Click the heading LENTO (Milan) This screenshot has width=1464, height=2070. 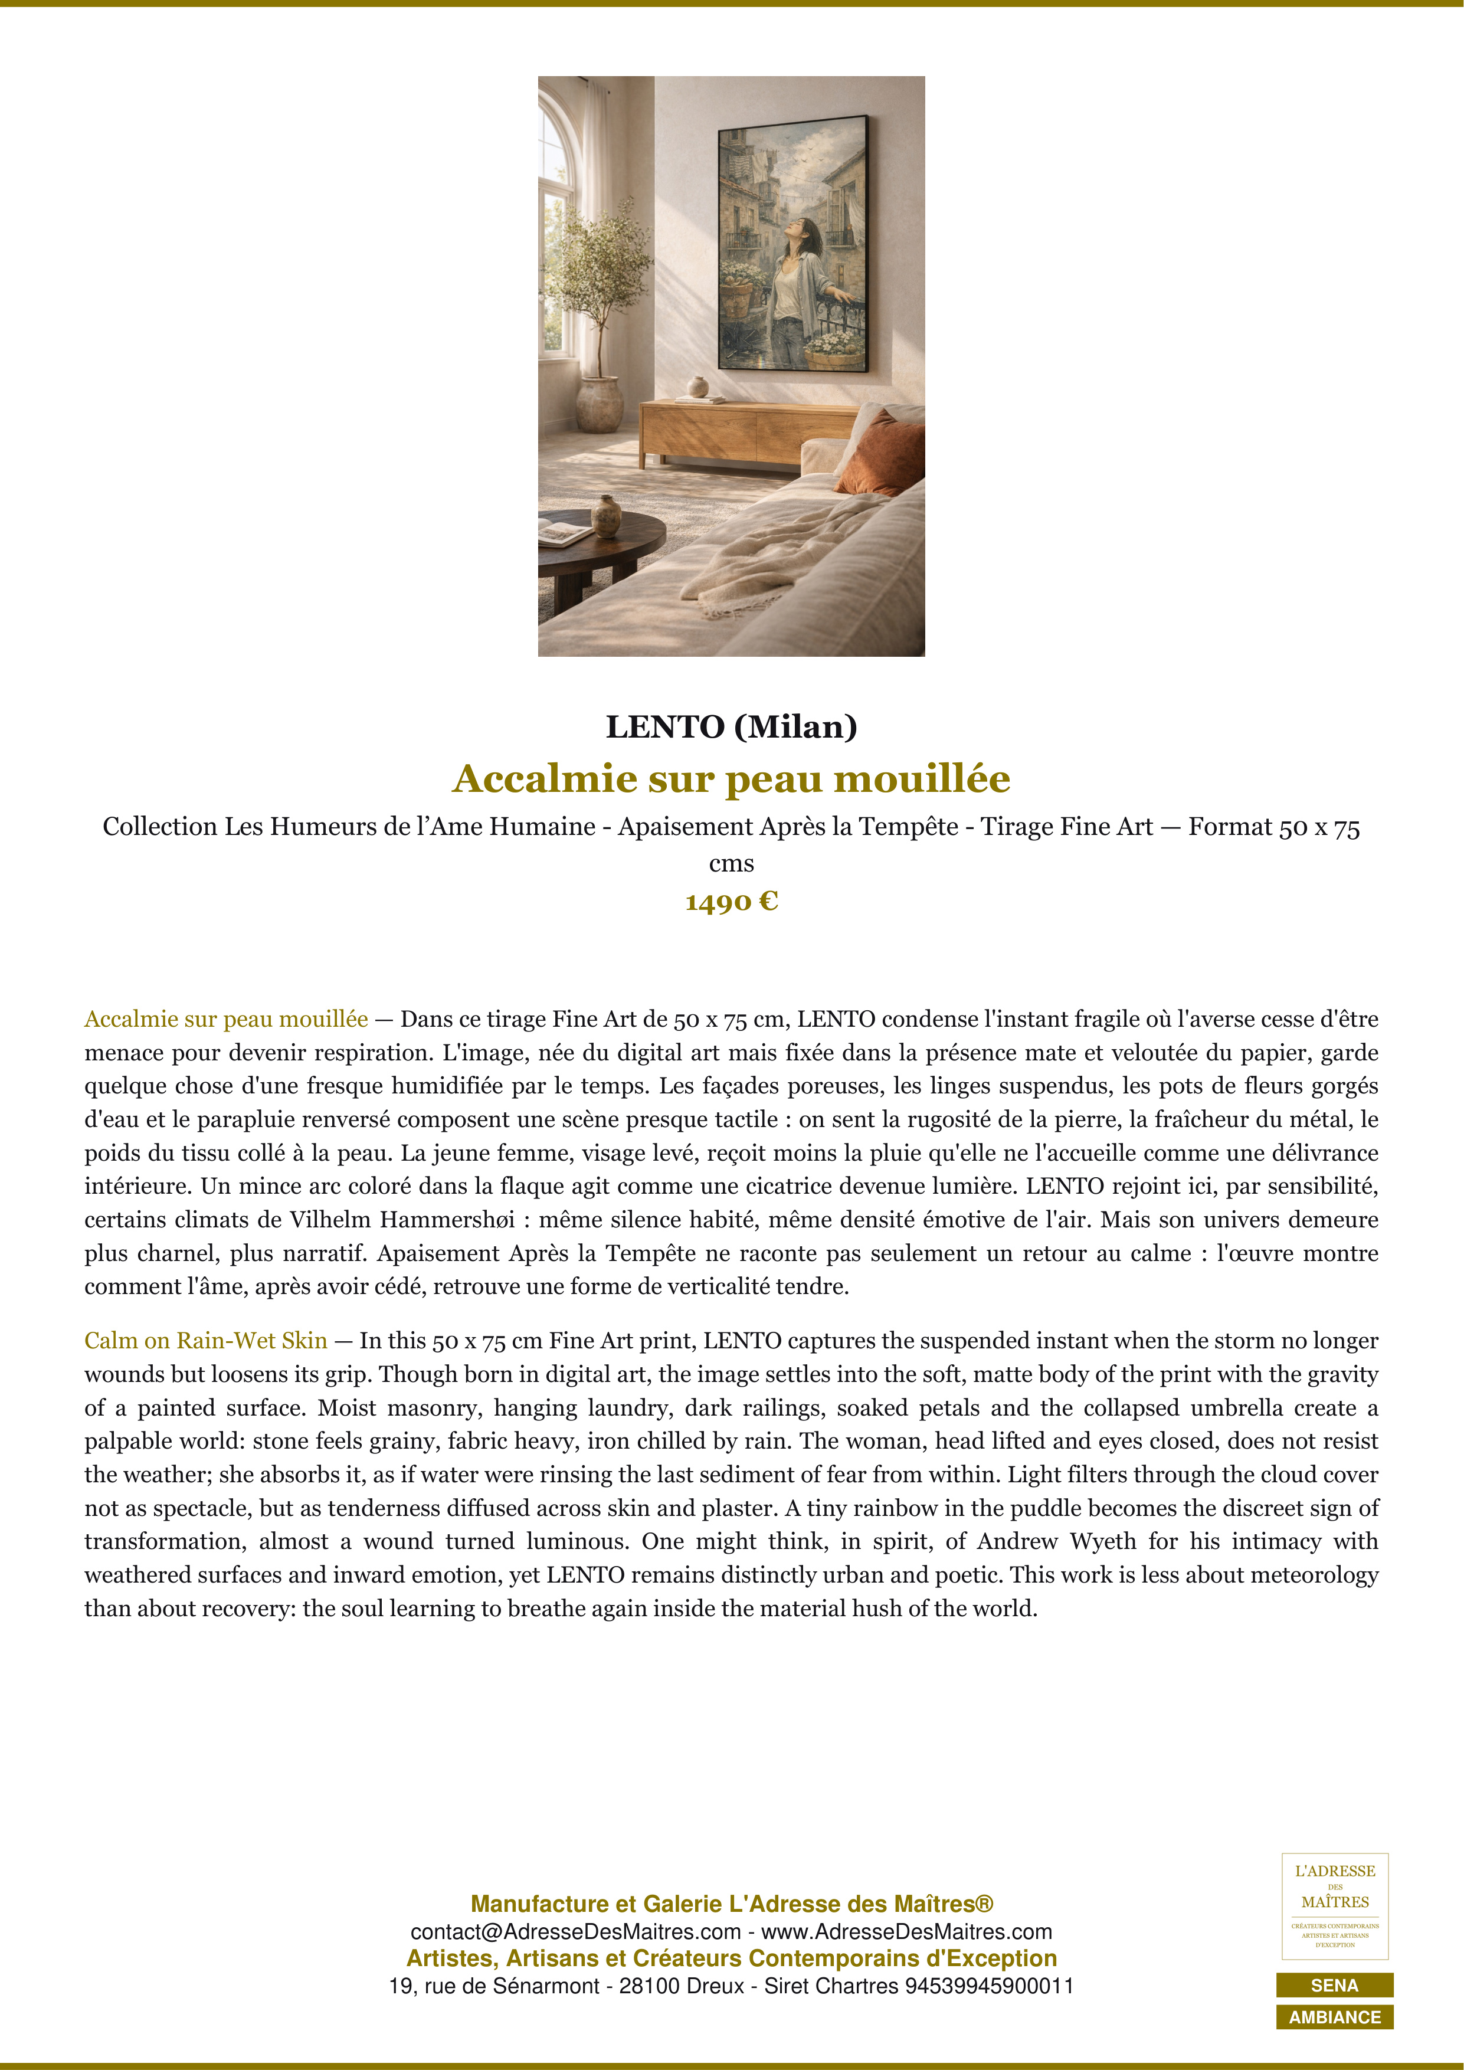click(731, 726)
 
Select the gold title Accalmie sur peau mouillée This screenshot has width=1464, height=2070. click(731, 779)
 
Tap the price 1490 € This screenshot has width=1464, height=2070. click(731, 902)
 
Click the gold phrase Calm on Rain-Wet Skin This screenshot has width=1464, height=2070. click(205, 1341)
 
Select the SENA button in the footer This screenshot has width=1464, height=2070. click(1334, 1985)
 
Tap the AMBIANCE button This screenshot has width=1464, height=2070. click(1334, 2017)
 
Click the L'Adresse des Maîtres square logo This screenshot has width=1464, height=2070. click(1334, 1906)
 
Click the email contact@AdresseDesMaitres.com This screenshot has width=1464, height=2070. click(575, 1932)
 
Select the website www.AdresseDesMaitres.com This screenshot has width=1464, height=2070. click(906, 1932)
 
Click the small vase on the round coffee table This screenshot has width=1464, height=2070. click(606, 516)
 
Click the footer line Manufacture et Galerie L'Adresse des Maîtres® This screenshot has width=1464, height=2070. click(731, 1904)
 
